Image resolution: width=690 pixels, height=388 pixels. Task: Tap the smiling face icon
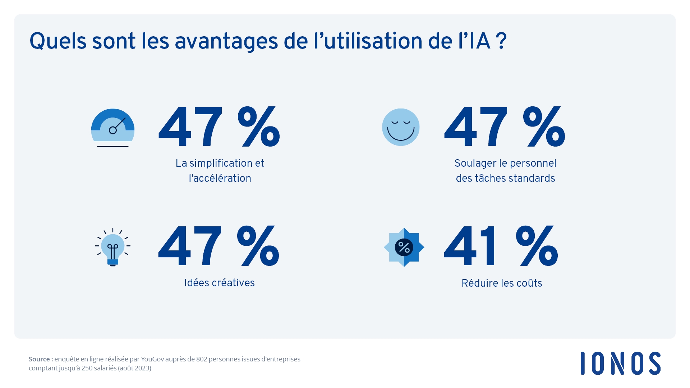click(401, 127)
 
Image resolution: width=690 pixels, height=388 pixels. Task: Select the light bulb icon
click(112, 247)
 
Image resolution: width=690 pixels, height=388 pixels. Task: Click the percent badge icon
click(404, 247)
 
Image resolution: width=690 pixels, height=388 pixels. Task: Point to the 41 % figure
click(501, 246)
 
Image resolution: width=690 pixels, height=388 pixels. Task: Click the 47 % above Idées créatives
click(218, 246)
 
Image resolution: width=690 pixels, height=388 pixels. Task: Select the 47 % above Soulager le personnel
click(505, 127)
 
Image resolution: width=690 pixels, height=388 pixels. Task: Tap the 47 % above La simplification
click(219, 127)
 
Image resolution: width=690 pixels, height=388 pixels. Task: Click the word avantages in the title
click(226, 41)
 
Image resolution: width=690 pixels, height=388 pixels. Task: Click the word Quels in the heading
click(58, 41)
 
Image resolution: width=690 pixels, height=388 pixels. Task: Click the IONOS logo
click(620, 363)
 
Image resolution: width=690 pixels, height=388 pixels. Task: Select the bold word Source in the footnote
click(40, 359)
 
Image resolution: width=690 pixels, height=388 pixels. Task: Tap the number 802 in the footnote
click(202, 359)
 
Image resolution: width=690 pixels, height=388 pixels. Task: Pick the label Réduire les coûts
click(502, 283)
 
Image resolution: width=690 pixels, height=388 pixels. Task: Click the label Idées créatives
click(219, 283)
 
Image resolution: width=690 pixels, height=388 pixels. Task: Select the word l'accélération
click(220, 178)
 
